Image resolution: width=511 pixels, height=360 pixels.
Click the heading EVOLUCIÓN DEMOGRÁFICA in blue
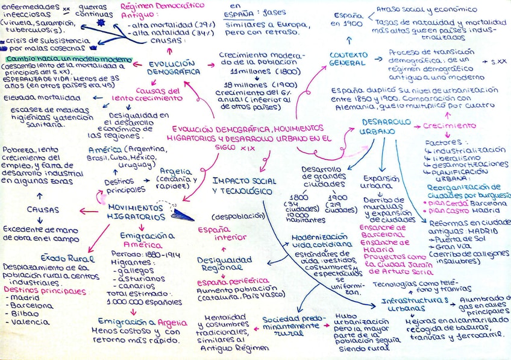point(175,67)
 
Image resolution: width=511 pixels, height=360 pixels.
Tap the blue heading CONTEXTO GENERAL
point(348,58)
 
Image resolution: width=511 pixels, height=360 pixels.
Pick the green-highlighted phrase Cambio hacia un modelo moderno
point(68,59)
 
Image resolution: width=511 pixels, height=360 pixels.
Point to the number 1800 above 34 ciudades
point(299,197)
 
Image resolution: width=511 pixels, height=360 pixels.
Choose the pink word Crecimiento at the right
point(449,126)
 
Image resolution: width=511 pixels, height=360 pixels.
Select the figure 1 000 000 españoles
point(144,301)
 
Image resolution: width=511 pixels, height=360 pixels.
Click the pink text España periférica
point(234,281)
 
